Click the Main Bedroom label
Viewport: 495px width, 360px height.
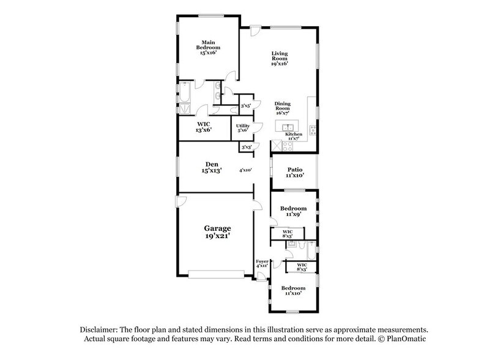(209, 48)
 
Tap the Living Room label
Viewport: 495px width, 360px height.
(280, 58)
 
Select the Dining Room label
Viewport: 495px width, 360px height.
(282, 108)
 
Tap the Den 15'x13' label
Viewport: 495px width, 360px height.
(212, 167)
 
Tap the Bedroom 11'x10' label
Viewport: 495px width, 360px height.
(293, 290)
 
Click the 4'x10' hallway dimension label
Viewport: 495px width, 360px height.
(245, 170)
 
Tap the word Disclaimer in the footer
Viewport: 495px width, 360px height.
(97, 329)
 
